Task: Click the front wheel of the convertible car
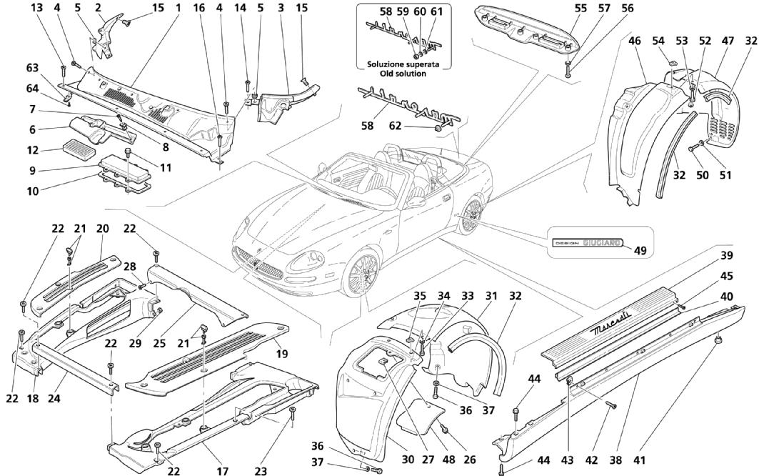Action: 361,273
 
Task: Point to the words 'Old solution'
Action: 403,74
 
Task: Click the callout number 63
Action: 32,69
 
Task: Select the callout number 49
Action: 640,251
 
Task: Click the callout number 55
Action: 581,9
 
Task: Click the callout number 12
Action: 32,150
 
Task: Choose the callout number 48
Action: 448,459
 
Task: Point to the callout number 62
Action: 396,126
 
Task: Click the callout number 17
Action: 222,470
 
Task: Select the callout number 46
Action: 635,41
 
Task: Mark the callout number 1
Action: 178,9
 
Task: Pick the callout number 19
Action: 281,354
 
